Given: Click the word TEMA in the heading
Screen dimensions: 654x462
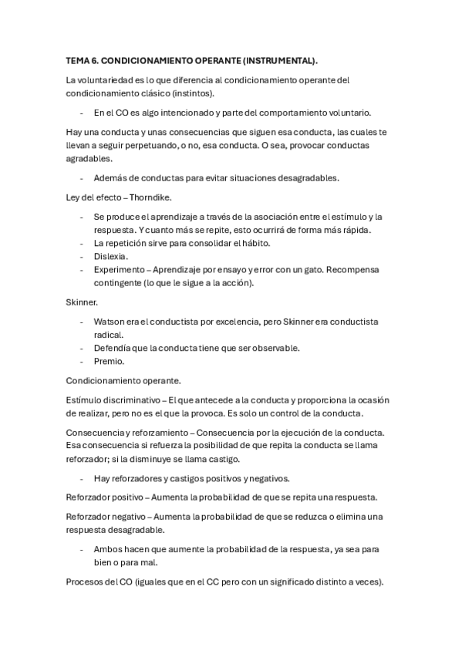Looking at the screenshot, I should coord(78,60).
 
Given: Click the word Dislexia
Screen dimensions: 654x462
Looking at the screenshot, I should coord(111,256).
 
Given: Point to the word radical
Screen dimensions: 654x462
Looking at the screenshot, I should coord(109,335).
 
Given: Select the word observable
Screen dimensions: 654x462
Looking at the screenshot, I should coord(271,348).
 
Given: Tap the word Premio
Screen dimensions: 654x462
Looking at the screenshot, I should coord(109,361).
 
